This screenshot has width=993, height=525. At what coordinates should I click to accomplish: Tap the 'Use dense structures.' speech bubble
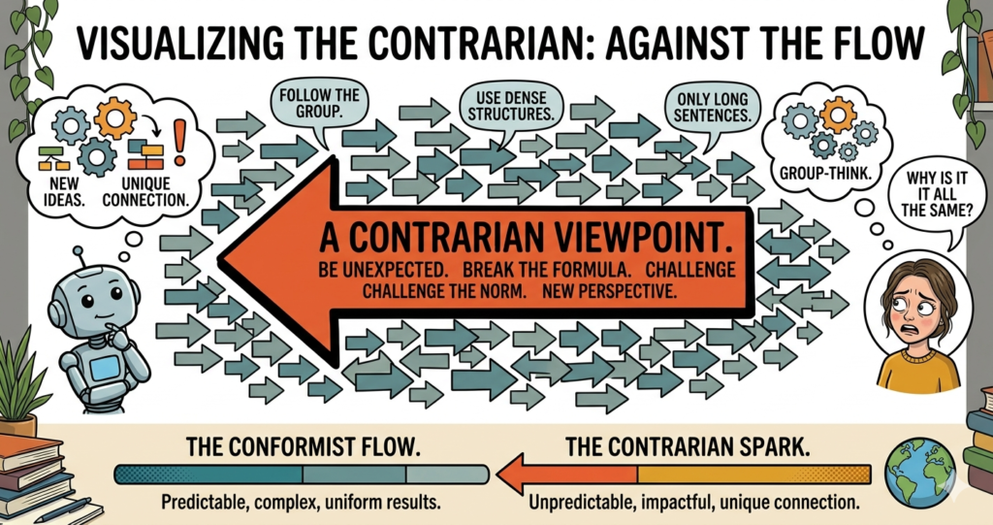point(503,106)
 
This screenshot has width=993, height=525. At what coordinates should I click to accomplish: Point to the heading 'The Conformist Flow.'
point(301,448)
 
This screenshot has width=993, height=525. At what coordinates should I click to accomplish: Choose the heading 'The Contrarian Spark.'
point(694,448)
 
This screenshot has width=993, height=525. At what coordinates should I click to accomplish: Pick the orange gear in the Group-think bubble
point(837,118)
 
